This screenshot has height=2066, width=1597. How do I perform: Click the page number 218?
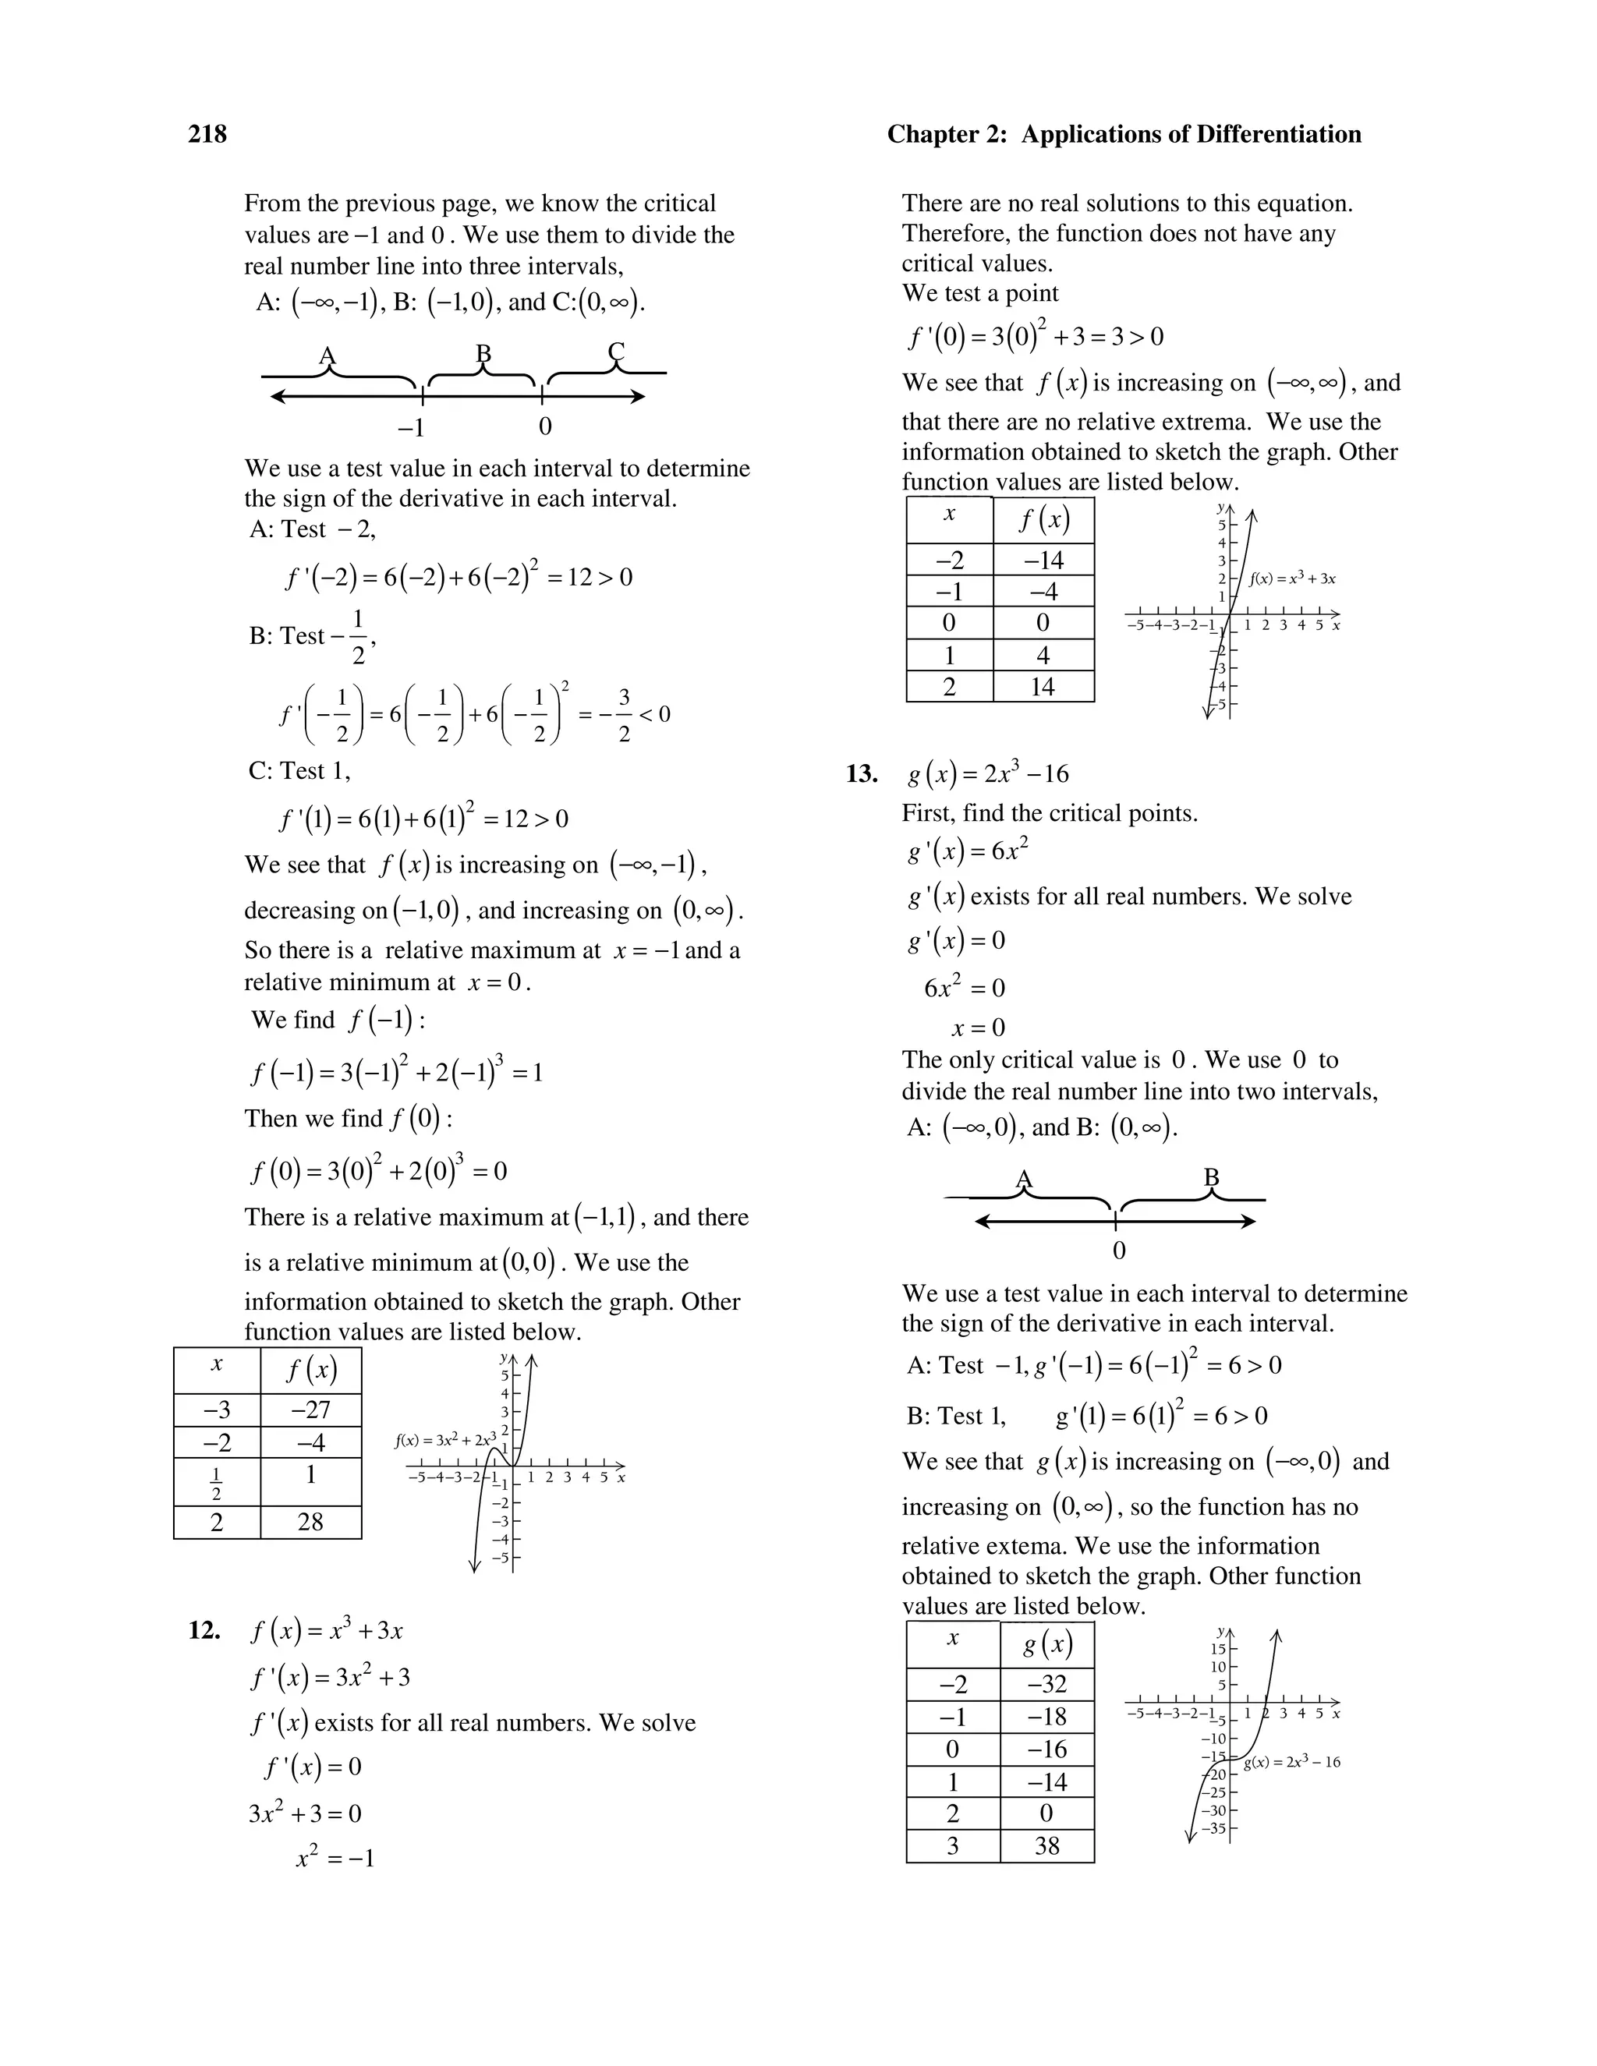tap(207, 134)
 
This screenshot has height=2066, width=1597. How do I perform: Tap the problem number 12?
tap(204, 1630)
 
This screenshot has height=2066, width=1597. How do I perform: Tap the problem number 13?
tap(861, 774)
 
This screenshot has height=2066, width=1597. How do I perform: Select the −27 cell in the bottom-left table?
tap(310, 1410)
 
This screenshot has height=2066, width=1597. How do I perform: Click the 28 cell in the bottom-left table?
tap(310, 1522)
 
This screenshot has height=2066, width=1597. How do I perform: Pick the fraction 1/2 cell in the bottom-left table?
tap(217, 1482)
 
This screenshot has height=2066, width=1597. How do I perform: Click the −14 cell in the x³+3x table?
tap(1043, 560)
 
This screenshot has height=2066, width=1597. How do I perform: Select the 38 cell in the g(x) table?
tap(1046, 1845)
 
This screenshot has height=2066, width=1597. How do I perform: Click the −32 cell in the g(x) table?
tap(1046, 1684)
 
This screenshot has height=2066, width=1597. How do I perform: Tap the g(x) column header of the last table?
tap(1046, 1645)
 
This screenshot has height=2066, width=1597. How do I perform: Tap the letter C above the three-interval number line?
tap(616, 352)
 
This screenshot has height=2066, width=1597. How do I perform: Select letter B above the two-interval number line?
tap(1211, 1178)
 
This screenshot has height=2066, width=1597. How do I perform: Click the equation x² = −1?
tap(335, 1858)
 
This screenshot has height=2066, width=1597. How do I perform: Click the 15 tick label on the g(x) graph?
tap(1217, 1649)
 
